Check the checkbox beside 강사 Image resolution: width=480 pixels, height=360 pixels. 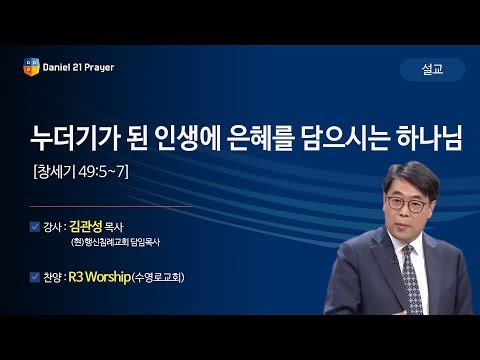click(x=36, y=227)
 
